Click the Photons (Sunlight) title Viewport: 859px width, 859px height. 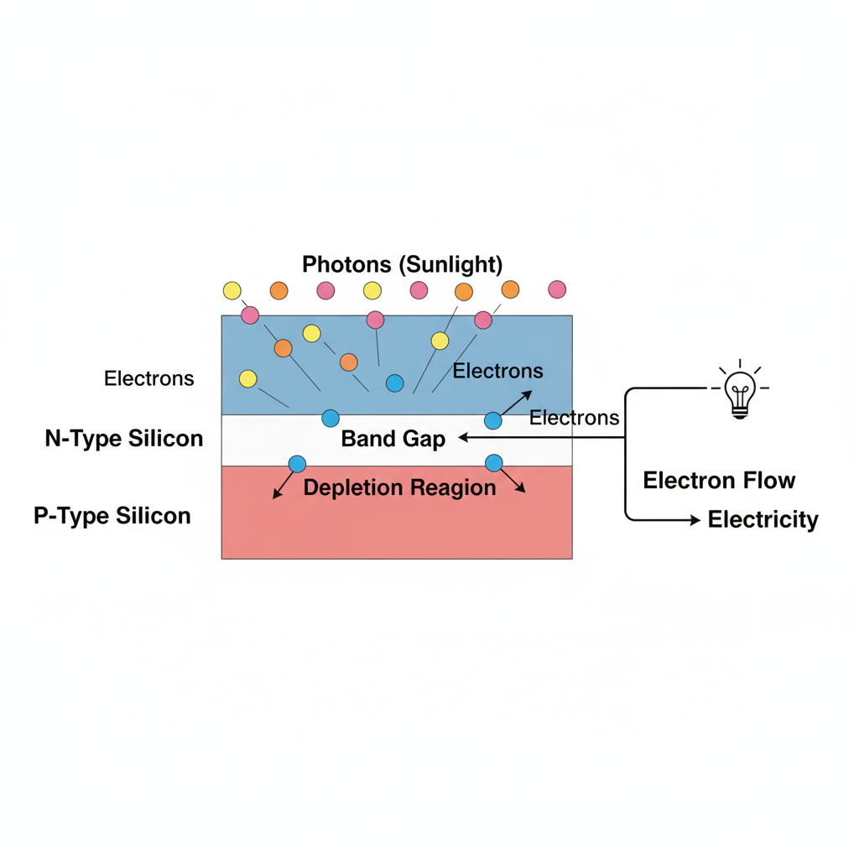402,265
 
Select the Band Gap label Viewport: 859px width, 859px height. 393,439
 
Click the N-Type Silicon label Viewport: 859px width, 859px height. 123,438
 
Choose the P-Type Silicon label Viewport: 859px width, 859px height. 112,515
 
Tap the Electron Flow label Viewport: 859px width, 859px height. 719,481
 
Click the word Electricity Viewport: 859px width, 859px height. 763,520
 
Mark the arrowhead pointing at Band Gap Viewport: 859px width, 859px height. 462,438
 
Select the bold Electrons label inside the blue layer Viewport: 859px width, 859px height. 497,371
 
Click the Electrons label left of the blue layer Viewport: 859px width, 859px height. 148,378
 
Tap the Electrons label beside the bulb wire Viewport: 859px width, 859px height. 575,418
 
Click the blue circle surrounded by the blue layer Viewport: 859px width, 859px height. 394,383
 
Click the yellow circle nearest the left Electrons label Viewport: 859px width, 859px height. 248,378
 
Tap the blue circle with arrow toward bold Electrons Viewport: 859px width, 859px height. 493,420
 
